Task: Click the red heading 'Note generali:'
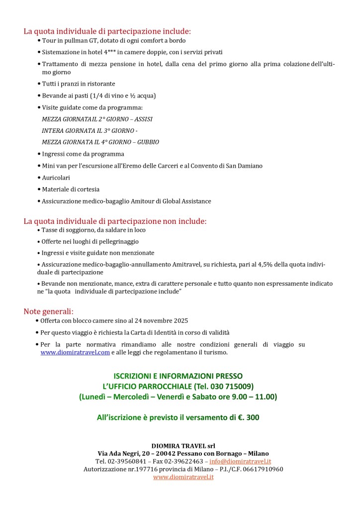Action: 48,311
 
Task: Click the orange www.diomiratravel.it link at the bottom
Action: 183,477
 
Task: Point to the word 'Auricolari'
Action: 56,178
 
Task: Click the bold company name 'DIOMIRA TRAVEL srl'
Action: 183,445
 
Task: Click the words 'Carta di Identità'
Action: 160,332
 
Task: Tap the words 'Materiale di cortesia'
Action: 71,189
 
